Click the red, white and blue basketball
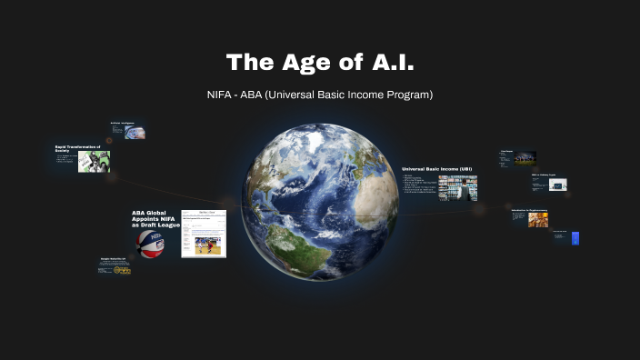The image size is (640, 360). [151, 243]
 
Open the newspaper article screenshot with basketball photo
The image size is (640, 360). [203, 234]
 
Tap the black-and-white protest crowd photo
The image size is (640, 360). [94, 161]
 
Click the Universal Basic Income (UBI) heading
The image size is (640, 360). [436, 169]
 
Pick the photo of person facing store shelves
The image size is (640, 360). [457, 186]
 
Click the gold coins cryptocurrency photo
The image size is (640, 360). [537, 219]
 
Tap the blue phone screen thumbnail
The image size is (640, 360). [575, 238]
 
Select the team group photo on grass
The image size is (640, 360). [525, 158]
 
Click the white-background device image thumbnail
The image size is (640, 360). [558, 185]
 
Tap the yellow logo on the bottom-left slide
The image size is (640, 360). [122, 269]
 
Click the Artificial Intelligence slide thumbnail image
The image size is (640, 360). [135, 132]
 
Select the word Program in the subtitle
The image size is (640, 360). [409, 95]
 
